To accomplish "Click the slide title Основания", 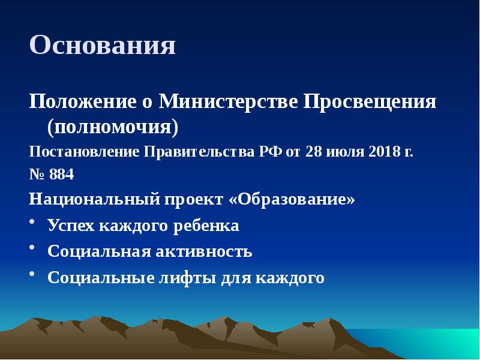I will point(103,46).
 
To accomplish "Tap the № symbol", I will point(36,175).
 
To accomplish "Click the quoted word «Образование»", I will point(292,199).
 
